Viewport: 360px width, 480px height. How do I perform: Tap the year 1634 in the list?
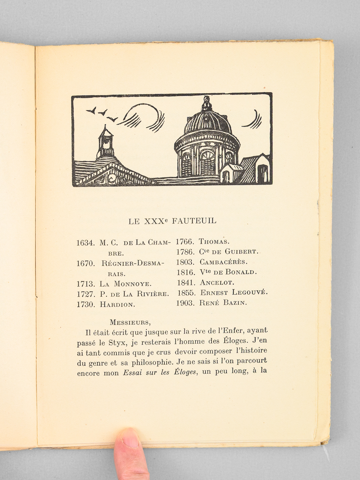point(85,243)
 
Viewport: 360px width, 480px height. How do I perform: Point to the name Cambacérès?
point(223,262)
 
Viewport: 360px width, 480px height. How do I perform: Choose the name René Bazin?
point(223,303)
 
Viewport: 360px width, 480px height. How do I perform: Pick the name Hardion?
point(117,304)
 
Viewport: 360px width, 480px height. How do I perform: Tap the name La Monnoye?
point(126,284)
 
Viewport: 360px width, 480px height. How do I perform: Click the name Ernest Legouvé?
point(234,292)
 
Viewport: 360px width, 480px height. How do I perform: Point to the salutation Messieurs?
point(130,322)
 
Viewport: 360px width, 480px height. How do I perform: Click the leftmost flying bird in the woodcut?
point(91,111)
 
